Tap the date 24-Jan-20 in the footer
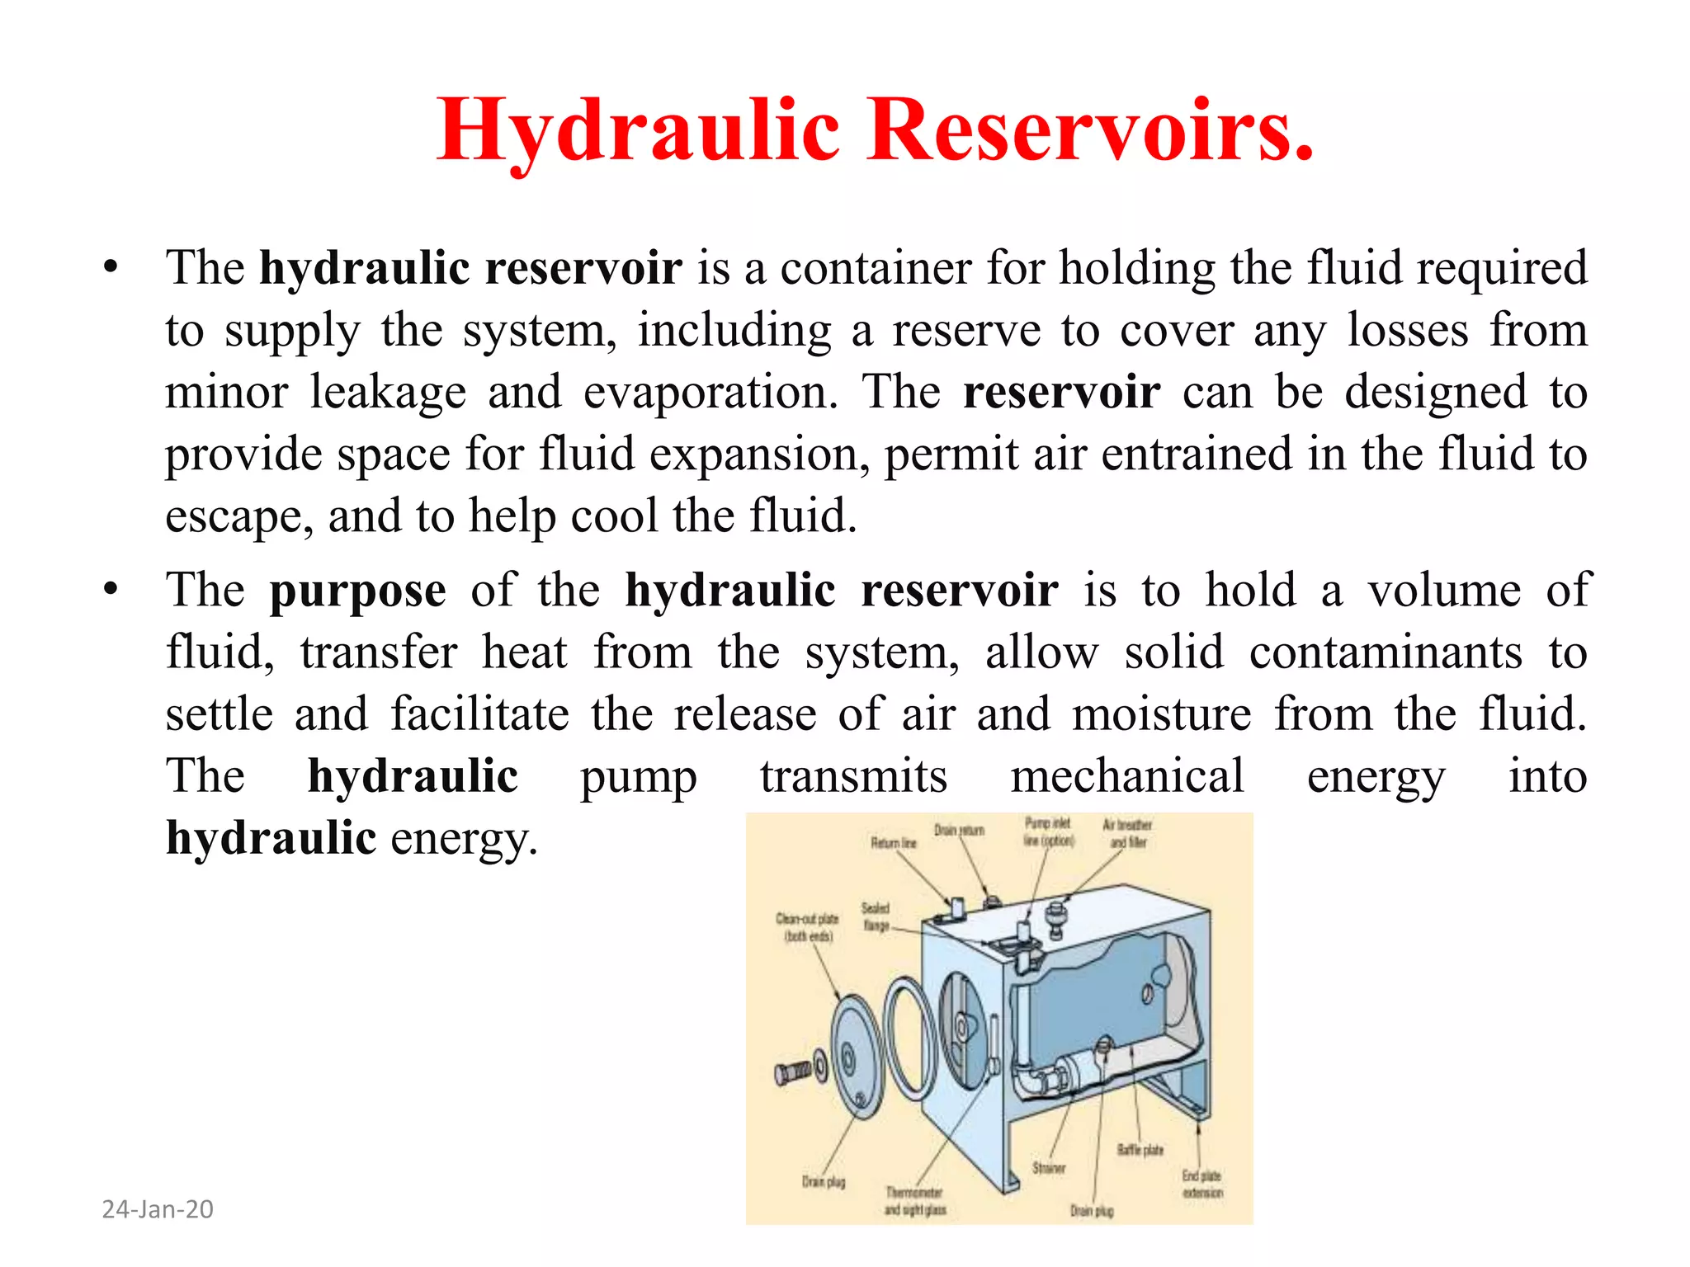(158, 1209)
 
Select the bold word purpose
(358, 591)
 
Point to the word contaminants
(1386, 652)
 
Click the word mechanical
(1127, 776)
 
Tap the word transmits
(853, 776)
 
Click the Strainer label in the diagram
(1049, 1168)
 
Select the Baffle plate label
(1140, 1150)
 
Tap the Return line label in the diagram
(894, 843)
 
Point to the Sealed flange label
(876, 916)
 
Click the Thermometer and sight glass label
(914, 1201)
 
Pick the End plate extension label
(1201, 1185)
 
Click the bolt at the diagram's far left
(794, 1072)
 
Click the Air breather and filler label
(1127, 833)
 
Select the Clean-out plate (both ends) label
(807, 927)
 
